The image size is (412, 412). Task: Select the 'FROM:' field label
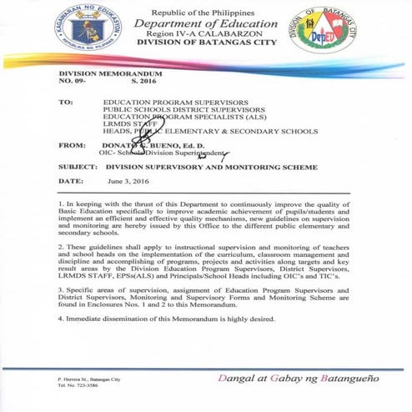point(71,145)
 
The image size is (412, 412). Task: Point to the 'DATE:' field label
point(70,181)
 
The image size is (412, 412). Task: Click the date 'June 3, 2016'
point(125,181)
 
